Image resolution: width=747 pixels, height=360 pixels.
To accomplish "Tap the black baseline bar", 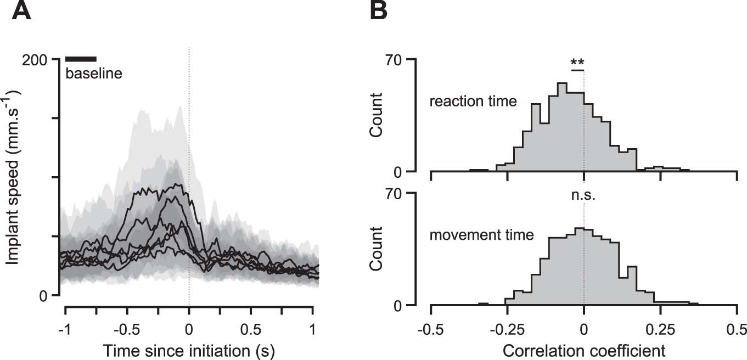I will [81, 59].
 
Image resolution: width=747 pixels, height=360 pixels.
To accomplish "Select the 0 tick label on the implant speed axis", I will [47, 296].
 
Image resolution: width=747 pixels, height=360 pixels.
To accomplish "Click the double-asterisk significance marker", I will [577, 61].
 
